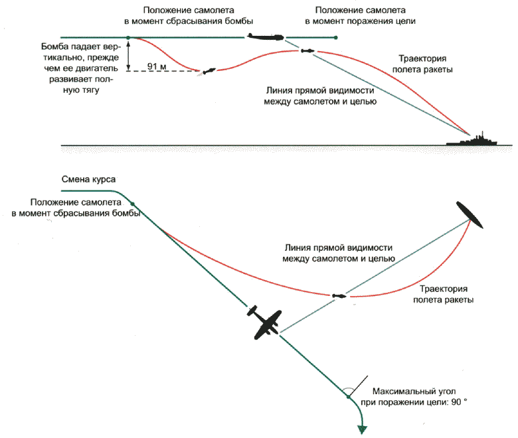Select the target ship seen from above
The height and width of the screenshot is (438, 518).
point(472,216)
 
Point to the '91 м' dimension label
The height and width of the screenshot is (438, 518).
point(157,66)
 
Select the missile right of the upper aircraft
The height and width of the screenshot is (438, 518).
point(307,51)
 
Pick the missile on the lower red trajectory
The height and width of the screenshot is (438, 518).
point(338,295)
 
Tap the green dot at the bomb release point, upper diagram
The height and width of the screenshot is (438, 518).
point(129,37)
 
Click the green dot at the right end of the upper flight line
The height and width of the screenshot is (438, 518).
point(336,37)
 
